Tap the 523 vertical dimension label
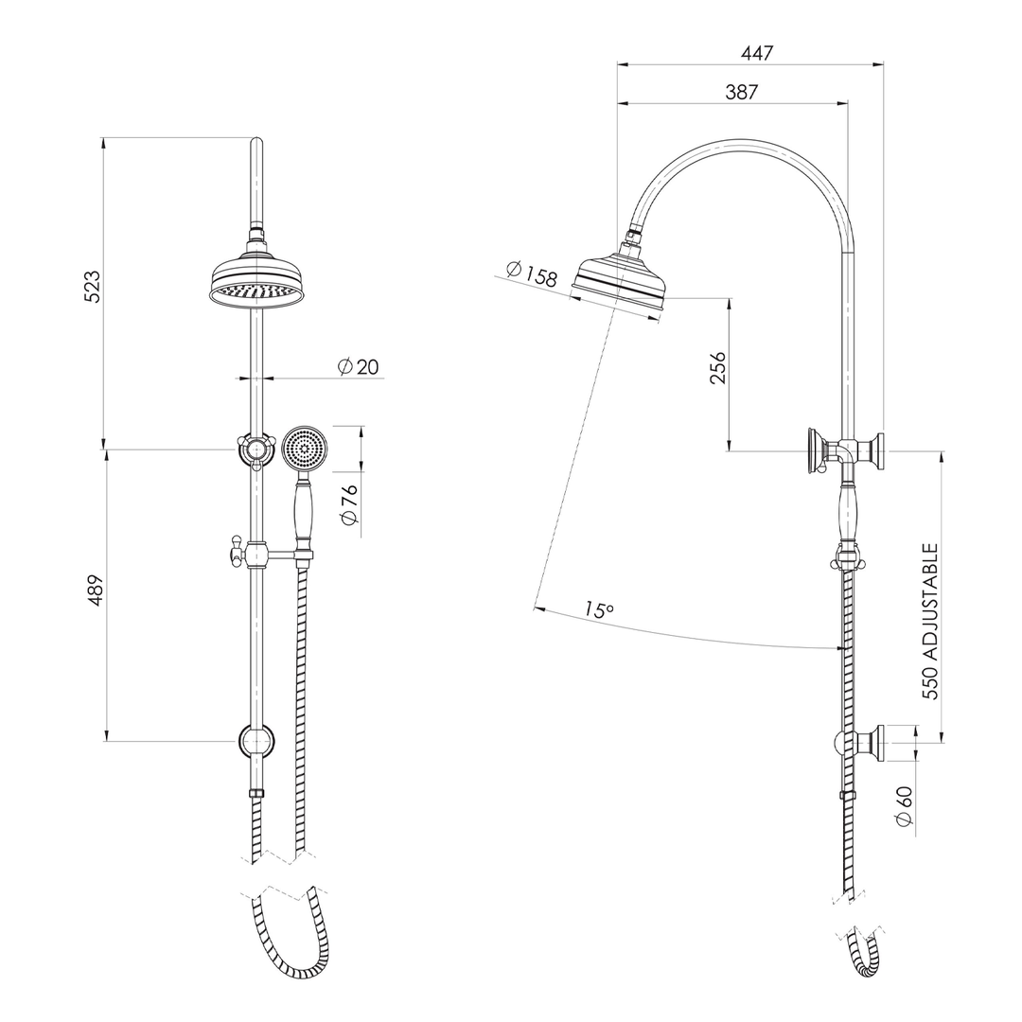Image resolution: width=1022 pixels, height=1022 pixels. [92, 287]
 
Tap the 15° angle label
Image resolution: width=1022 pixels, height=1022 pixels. [598, 610]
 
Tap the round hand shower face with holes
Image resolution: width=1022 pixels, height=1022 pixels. [306, 448]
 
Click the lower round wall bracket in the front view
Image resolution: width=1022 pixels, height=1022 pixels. [256, 742]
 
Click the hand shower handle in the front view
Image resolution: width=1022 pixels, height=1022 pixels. [304, 511]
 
